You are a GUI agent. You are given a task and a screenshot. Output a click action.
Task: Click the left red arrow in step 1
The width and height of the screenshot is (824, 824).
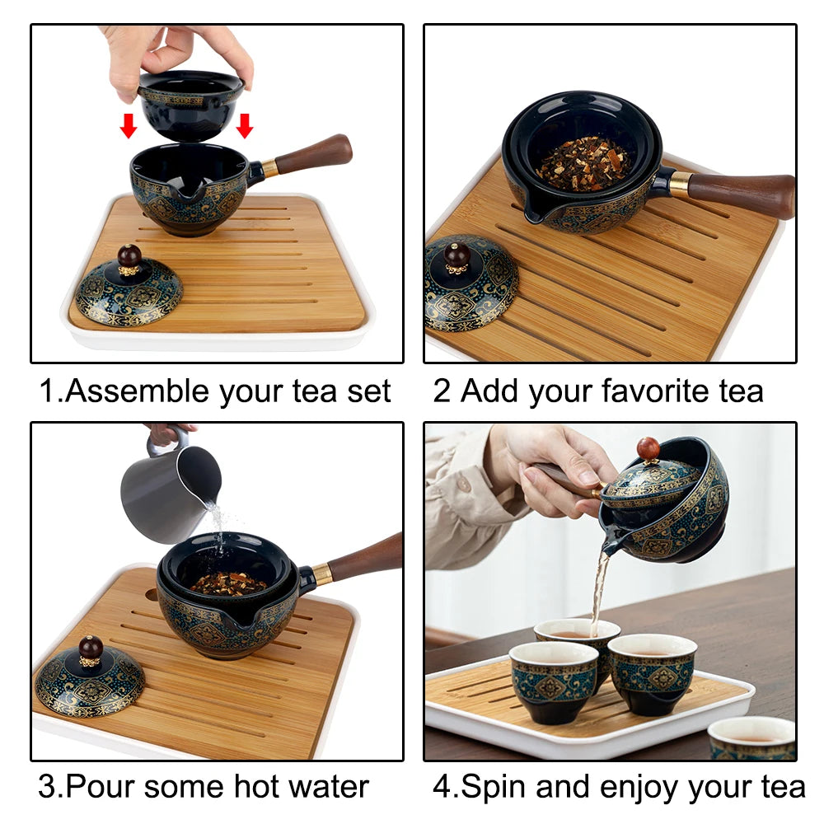(x=128, y=126)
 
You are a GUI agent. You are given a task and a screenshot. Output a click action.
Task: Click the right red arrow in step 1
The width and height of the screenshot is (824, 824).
(x=244, y=126)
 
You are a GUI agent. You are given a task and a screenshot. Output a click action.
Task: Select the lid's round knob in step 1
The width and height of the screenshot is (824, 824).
(x=129, y=255)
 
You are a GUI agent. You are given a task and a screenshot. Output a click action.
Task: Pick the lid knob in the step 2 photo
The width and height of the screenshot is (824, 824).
(x=457, y=254)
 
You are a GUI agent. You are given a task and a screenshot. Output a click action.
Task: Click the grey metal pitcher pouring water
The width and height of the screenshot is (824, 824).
(x=169, y=491)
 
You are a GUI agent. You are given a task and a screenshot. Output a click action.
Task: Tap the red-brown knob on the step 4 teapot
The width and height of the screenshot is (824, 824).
(x=648, y=448)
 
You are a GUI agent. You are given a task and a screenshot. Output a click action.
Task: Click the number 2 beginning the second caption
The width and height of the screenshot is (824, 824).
(x=442, y=391)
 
